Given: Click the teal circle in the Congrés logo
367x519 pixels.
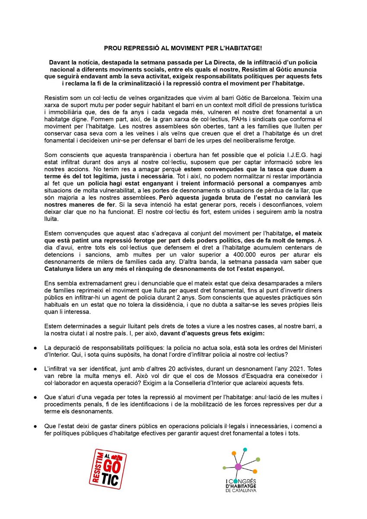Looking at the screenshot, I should tap(245, 450).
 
